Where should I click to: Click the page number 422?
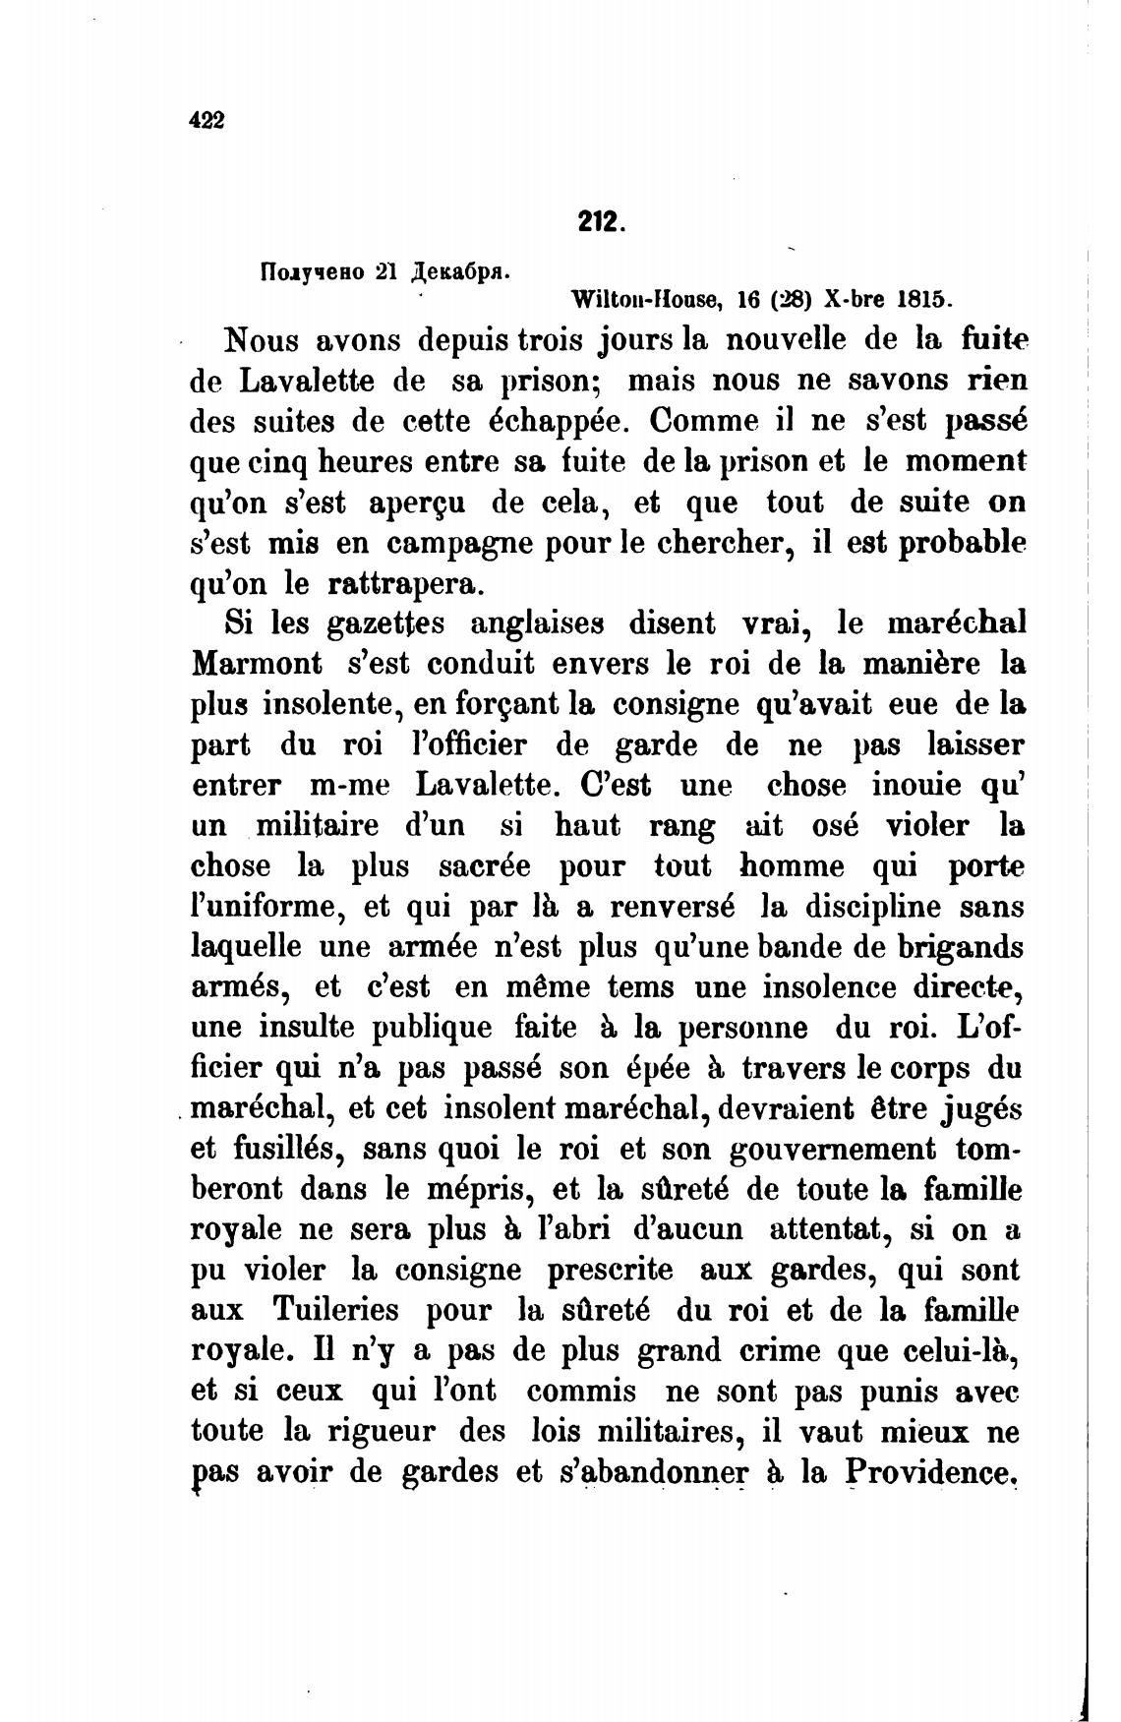(206, 120)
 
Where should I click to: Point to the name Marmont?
(257, 664)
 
